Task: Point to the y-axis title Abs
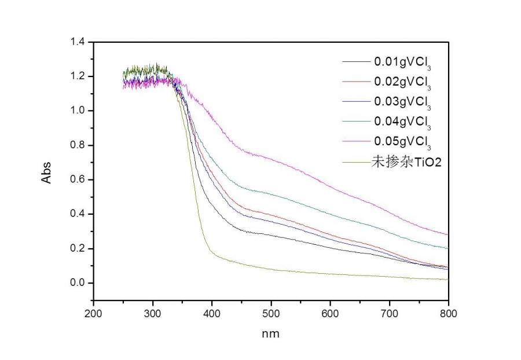(x=46, y=171)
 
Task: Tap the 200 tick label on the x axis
(x=93, y=314)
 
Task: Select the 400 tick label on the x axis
(x=212, y=314)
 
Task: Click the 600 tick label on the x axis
(x=330, y=314)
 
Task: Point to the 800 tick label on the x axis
(x=448, y=314)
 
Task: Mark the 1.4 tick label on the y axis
(x=77, y=42)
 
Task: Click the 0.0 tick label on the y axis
(x=77, y=283)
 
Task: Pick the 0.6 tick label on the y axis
(x=77, y=179)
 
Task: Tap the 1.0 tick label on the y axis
(x=77, y=111)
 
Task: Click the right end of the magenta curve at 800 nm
(x=447, y=234)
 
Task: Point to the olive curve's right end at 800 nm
(x=447, y=280)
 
